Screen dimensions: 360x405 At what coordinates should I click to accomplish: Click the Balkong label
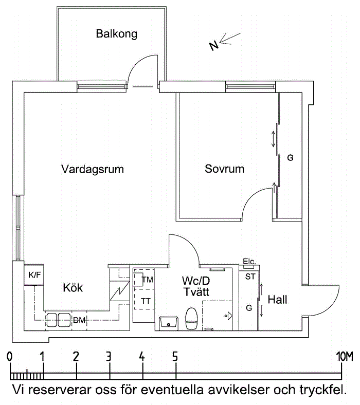(117, 34)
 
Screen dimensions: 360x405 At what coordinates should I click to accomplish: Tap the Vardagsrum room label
(93, 169)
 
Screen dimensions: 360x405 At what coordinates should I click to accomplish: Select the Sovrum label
(224, 169)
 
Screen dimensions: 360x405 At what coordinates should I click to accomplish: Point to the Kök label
(73, 287)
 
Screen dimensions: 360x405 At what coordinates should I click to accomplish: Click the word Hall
(277, 300)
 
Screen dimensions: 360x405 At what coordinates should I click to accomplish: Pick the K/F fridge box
(34, 275)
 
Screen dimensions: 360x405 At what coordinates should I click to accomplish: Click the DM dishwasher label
(79, 320)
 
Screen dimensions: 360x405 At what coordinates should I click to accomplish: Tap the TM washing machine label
(148, 280)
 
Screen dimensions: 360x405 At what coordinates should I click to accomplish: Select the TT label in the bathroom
(146, 301)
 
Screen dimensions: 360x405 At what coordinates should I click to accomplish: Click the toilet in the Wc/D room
(191, 319)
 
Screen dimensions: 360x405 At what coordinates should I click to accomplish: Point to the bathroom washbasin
(169, 323)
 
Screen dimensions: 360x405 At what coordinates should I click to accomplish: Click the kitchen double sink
(59, 320)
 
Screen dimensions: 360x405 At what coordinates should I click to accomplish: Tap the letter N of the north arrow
(214, 46)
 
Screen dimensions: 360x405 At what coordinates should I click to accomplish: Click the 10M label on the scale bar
(345, 357)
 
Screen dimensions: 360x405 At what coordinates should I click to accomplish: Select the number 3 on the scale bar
(109, 357)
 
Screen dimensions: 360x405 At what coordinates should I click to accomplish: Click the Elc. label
(249, 262)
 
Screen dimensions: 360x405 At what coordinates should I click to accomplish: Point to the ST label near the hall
(250, 277)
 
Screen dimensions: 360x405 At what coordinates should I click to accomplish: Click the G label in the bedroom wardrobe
(290, 158)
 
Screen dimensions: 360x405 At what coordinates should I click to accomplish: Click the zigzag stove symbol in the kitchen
(120, 291)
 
